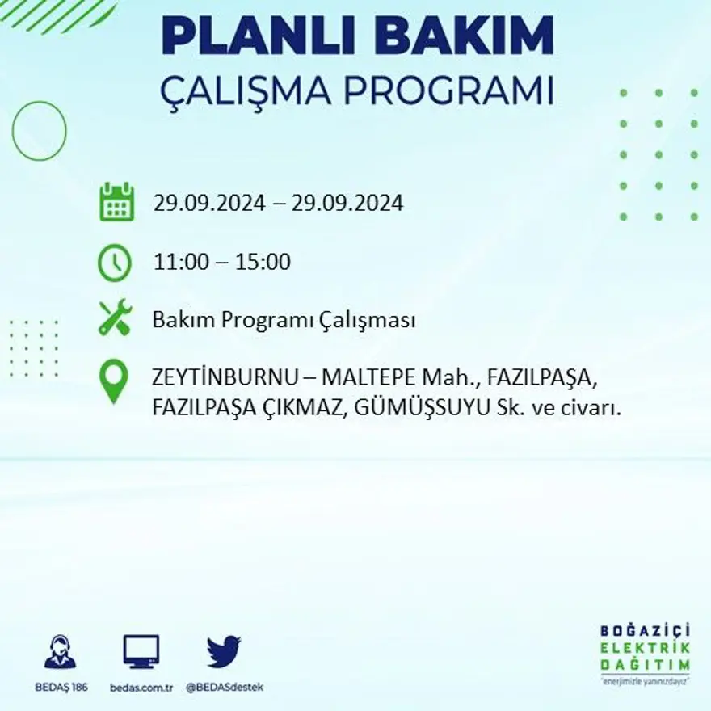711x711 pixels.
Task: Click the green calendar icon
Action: coord(116,202)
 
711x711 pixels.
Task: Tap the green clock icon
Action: coord(115,263)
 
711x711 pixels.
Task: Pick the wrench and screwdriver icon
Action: coord(115,318)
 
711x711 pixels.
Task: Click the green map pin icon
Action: coord(114,381)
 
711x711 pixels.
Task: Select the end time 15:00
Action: coord(263,263)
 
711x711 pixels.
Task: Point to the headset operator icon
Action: coord(60,652)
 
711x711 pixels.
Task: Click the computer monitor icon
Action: coord(141,651)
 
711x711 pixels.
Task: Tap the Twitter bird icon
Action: coord(224,651)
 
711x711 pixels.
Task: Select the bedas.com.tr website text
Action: coord(141,687)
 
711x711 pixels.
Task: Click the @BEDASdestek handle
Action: coord(224,687)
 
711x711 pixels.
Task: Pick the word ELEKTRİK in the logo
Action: coord(645,648)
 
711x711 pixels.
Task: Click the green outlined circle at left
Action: coord(39,130)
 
